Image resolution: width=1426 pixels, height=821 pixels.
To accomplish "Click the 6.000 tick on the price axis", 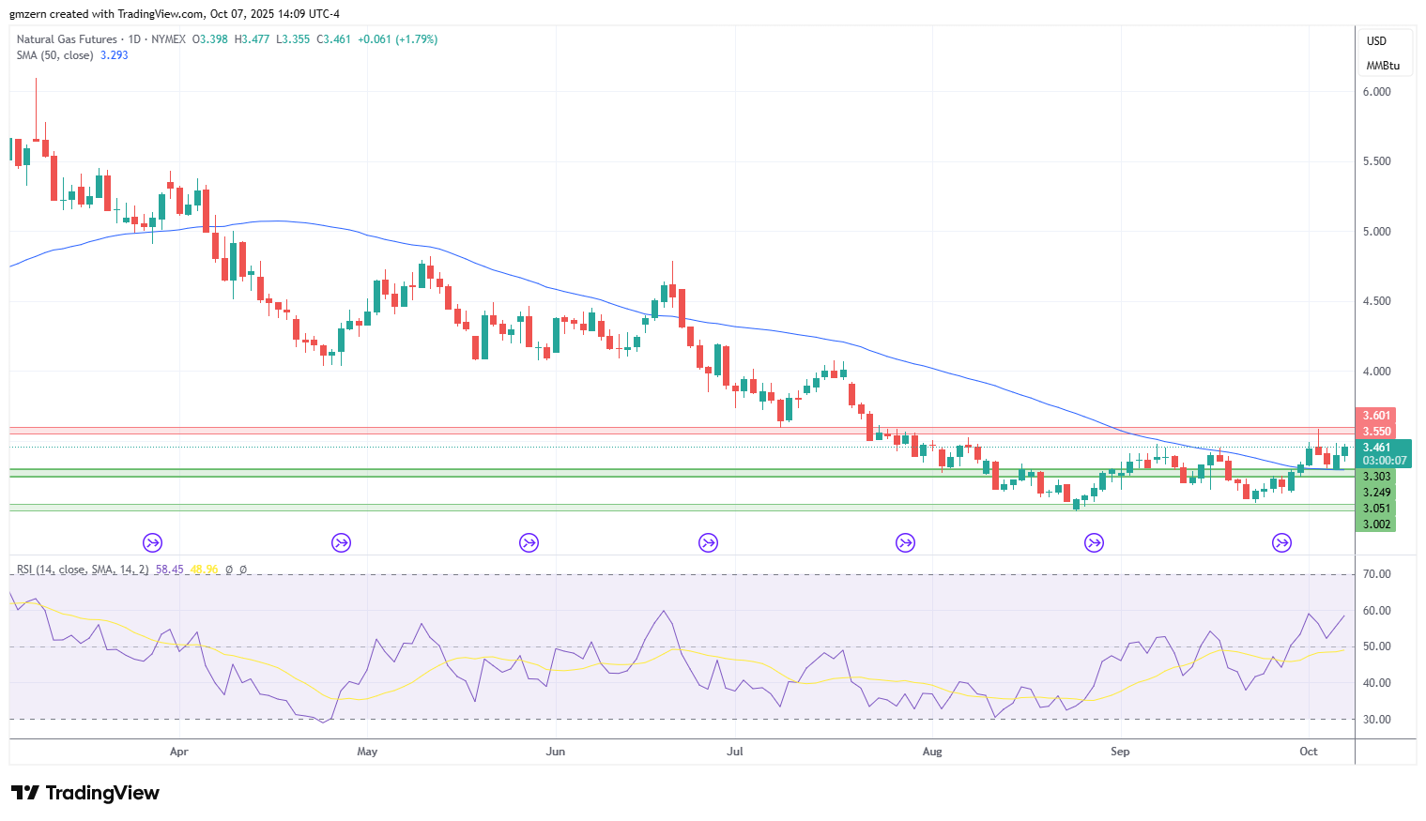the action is (1376, 92).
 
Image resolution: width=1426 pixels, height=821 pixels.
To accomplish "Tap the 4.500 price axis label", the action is (1376, 301).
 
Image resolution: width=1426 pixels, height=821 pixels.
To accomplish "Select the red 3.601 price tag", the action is (1376, 416).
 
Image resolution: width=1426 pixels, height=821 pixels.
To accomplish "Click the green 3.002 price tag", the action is (1376, 525).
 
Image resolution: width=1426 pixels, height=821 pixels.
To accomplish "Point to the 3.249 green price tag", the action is (1376, 493).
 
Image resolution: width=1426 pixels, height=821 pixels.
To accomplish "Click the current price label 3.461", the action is (1376, 448).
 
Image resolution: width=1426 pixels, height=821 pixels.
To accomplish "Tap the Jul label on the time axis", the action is (735, 752).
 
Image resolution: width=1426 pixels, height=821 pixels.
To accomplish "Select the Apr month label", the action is (179, 752).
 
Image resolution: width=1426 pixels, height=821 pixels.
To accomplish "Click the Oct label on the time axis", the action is (1309, 752).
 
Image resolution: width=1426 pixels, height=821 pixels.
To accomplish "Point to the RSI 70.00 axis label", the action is (1376, 574).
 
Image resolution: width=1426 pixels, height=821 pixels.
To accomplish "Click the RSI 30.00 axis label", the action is (1376, 720).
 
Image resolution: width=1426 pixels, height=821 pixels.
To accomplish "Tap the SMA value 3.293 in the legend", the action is (115, 55).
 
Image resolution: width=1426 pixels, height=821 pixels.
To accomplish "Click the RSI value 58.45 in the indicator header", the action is (169, 570).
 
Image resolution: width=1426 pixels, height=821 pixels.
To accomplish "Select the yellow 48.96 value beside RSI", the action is (204, 570).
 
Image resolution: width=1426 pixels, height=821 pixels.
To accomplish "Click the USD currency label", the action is (1376, 41).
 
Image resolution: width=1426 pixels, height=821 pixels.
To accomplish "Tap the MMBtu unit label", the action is (1383, 67).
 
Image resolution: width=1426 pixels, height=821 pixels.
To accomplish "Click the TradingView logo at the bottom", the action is (85, 793).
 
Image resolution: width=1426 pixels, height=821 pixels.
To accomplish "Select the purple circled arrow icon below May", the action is (341, 543).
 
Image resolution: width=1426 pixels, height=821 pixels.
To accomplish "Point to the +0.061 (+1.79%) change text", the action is (398, 39).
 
